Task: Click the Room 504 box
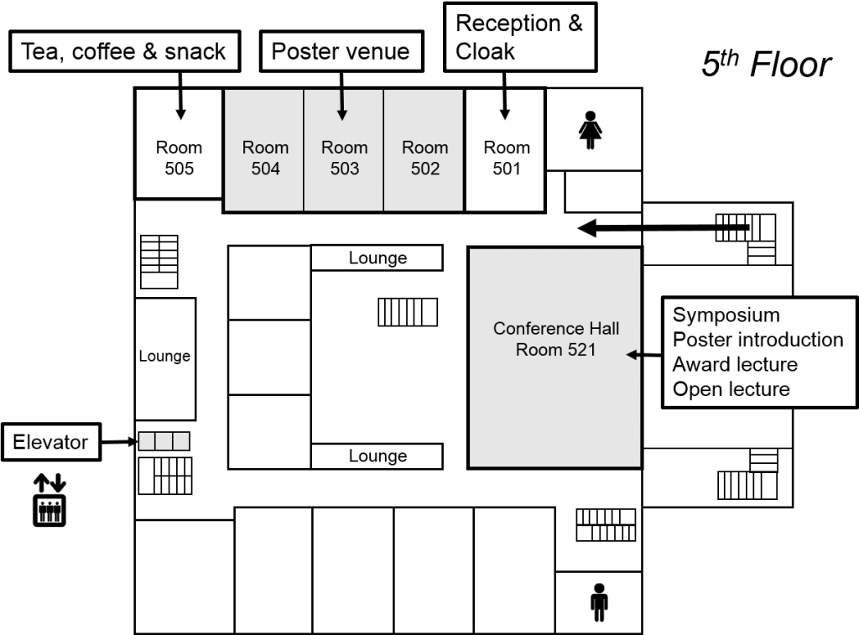(264, 150)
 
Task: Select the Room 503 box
(344, 150)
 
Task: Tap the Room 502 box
(424, 150)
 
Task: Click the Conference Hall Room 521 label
(555, 339)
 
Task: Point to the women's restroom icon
(590, 130)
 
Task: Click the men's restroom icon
(599, 602)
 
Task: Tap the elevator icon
(49, 501)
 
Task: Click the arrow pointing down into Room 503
(341, 105)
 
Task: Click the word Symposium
(726, 315)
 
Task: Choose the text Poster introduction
(757, 340)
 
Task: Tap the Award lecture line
(735, 365)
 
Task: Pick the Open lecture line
(731, 389)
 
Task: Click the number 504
(265, 169)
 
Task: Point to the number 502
(424, 169)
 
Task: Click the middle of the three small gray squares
(164, 441)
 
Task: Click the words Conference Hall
(555, 328)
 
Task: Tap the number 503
(344, 169)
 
